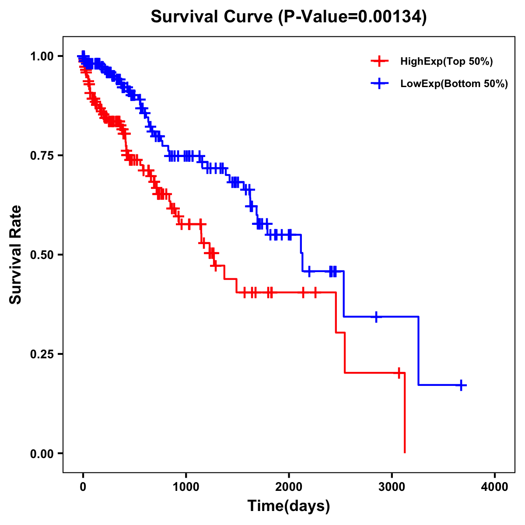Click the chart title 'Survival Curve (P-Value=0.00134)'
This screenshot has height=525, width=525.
[x=288, y=17]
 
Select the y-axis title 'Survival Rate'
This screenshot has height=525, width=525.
[x=16, y=254]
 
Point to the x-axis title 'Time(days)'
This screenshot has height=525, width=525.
[x=288, y=506]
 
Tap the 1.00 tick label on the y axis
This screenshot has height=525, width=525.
[x=42, y=56]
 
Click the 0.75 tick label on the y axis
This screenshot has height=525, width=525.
[x=42, y=156]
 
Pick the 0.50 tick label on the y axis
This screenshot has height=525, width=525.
[x=42, y=255]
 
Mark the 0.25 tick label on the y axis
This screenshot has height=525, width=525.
[x=42, y=354]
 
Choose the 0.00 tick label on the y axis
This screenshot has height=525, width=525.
[x=42, y=454]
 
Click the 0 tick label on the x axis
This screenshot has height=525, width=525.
[x=83, y=487]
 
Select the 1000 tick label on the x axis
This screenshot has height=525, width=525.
[x=186, y=487]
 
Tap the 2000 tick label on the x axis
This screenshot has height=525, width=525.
[x=289, y=487]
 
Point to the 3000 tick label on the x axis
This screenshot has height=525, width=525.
[x=392, y=487]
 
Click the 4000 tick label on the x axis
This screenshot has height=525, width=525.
[x=495, y=487]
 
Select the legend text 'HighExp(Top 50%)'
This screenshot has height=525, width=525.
[x=446, y=62]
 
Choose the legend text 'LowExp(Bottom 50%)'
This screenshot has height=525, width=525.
[x=454, y=84]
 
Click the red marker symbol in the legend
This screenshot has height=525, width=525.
[x=379, y=62]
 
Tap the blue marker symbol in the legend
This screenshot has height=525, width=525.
[x=379, y=84]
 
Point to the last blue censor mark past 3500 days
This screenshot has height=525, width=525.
[x=461, y=385]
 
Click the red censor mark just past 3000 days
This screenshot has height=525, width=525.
[x=399, y=373]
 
